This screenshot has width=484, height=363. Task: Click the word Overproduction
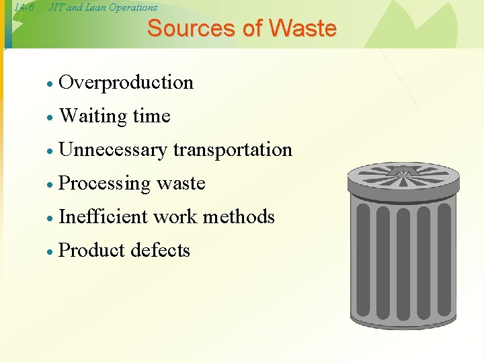(126, 83)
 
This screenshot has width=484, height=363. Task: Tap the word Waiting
(93, 116)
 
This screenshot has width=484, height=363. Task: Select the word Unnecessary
(112, 150)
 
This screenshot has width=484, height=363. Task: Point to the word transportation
(233, 150)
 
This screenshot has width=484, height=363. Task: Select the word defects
(161, 250)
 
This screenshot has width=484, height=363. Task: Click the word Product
(92, 250)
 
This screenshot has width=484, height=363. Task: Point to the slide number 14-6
(24, 7)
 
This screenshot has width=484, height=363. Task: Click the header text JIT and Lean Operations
(103, 7)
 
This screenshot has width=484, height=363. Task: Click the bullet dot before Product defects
(49, 252)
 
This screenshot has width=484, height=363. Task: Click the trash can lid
(403, 182)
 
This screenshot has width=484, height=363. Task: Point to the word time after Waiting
(151, 116)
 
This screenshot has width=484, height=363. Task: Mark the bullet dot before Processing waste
(49, 185)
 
